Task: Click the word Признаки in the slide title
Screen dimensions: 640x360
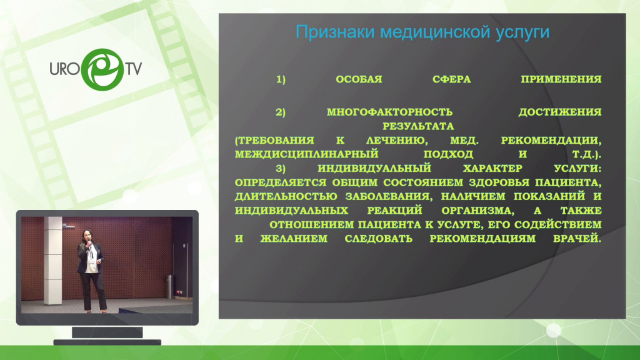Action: (x=335, y=32)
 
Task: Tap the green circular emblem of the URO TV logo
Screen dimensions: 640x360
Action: (x=102, y=69)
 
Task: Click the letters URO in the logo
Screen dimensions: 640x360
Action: (x=64, y=69)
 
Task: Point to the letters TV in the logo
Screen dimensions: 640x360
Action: (x=134, y=69)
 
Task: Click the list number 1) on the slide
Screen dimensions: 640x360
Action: (x=281, y=79)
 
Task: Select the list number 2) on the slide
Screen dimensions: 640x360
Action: (x=281, y=112)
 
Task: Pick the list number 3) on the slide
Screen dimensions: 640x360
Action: (x=281, y=169)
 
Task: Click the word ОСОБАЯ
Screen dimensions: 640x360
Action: (x=359, y=79)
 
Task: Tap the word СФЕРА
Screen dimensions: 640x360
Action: (x=451, y=79)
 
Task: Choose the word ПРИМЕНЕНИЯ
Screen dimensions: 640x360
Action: (x=561, y=79)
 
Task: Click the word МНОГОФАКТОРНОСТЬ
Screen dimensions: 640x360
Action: (x=389, y=112)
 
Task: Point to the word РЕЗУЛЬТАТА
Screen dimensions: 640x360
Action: (x=418, y=126)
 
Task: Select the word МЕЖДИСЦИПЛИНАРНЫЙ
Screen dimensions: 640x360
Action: (x=306, y=154)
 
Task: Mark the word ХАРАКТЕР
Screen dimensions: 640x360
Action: (x=492, y=168)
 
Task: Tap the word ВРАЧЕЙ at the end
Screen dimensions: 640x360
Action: (x=577, y=238)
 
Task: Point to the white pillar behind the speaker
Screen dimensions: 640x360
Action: (x=52, y=261)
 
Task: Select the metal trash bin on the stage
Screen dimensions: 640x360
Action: (x=170, y=286)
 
